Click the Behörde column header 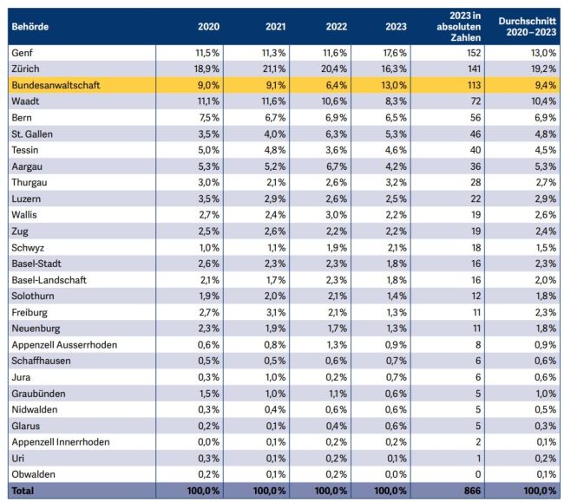click(x=30, y=27)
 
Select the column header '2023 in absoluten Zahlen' click(x=459, y=27)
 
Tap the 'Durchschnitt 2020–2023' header click(x=528, y=27)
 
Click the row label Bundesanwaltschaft click(x=56, y=85)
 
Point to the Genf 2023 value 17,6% click(x=395, y=53)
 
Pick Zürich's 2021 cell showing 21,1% click(x=274, y=68)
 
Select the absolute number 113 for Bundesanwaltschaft click(x=474, y=85)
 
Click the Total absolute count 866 click(x=472, y=491)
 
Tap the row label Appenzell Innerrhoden click(x=61, y=442)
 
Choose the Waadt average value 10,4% click(x=544, y=101)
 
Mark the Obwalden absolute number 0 click(x=478, y=474)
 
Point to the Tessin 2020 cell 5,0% click(x=208, y=150)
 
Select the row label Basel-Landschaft click(x=49, y=280)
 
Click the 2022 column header click(x=337, y=27)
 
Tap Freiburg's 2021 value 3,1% click(x=276, y=312)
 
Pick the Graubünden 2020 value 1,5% click(x=209, y=394)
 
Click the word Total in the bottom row click(x=23, y=491)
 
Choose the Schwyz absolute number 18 click(x=476, y=248)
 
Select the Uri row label click(x=18, y=458)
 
